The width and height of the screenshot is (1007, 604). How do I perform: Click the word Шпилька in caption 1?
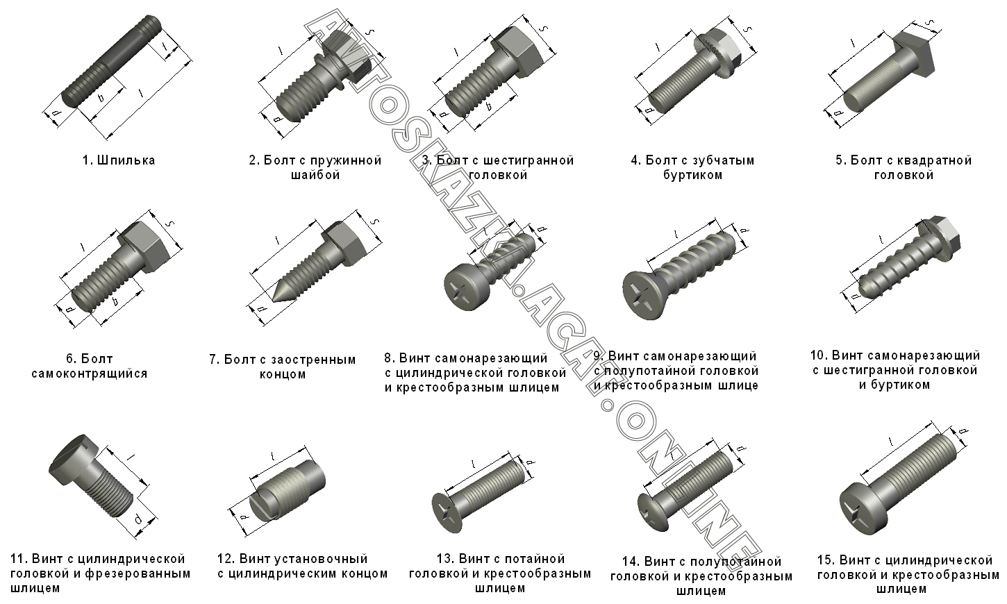[126, 160]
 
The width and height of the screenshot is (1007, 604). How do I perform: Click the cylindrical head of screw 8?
[465, 286]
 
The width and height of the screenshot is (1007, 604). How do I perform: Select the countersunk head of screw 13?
[447, 513]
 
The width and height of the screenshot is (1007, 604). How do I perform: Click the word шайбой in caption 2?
[315, 175]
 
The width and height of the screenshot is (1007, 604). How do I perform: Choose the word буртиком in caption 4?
[693, 175]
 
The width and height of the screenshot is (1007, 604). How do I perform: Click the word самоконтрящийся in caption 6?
[89, 374]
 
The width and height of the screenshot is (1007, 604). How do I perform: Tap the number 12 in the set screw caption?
[225, 559]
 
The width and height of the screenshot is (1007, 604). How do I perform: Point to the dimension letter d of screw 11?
[138, 520]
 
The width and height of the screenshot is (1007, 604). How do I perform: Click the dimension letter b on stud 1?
[101, 97]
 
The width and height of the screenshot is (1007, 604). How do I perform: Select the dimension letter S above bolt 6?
[170, 224]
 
